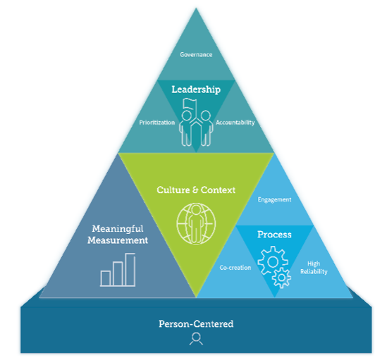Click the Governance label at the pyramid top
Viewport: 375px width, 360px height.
tap(196, 54)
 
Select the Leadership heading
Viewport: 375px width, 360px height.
tap(196, 89)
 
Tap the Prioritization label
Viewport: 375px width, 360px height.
tap(156, 122)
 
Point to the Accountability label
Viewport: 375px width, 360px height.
tap(235, 122)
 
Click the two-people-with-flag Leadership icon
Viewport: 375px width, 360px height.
tap(196, 123)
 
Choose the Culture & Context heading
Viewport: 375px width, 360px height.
tap(196, 190)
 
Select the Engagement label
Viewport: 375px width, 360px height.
tap(274, 199)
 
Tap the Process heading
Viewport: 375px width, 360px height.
tap(274, 234)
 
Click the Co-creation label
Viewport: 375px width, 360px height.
tap(235, 268)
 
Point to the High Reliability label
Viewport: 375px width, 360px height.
tap(313, 268)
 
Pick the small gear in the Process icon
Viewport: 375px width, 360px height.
tap(282, 278)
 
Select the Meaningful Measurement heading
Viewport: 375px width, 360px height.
tap(118, 235)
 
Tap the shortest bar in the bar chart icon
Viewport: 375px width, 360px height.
tap(106, 278)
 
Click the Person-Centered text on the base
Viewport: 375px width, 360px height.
tap(196, 324)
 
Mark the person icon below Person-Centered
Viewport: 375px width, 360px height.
tap(195, 339)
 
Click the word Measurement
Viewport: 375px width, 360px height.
tap(118, 240)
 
